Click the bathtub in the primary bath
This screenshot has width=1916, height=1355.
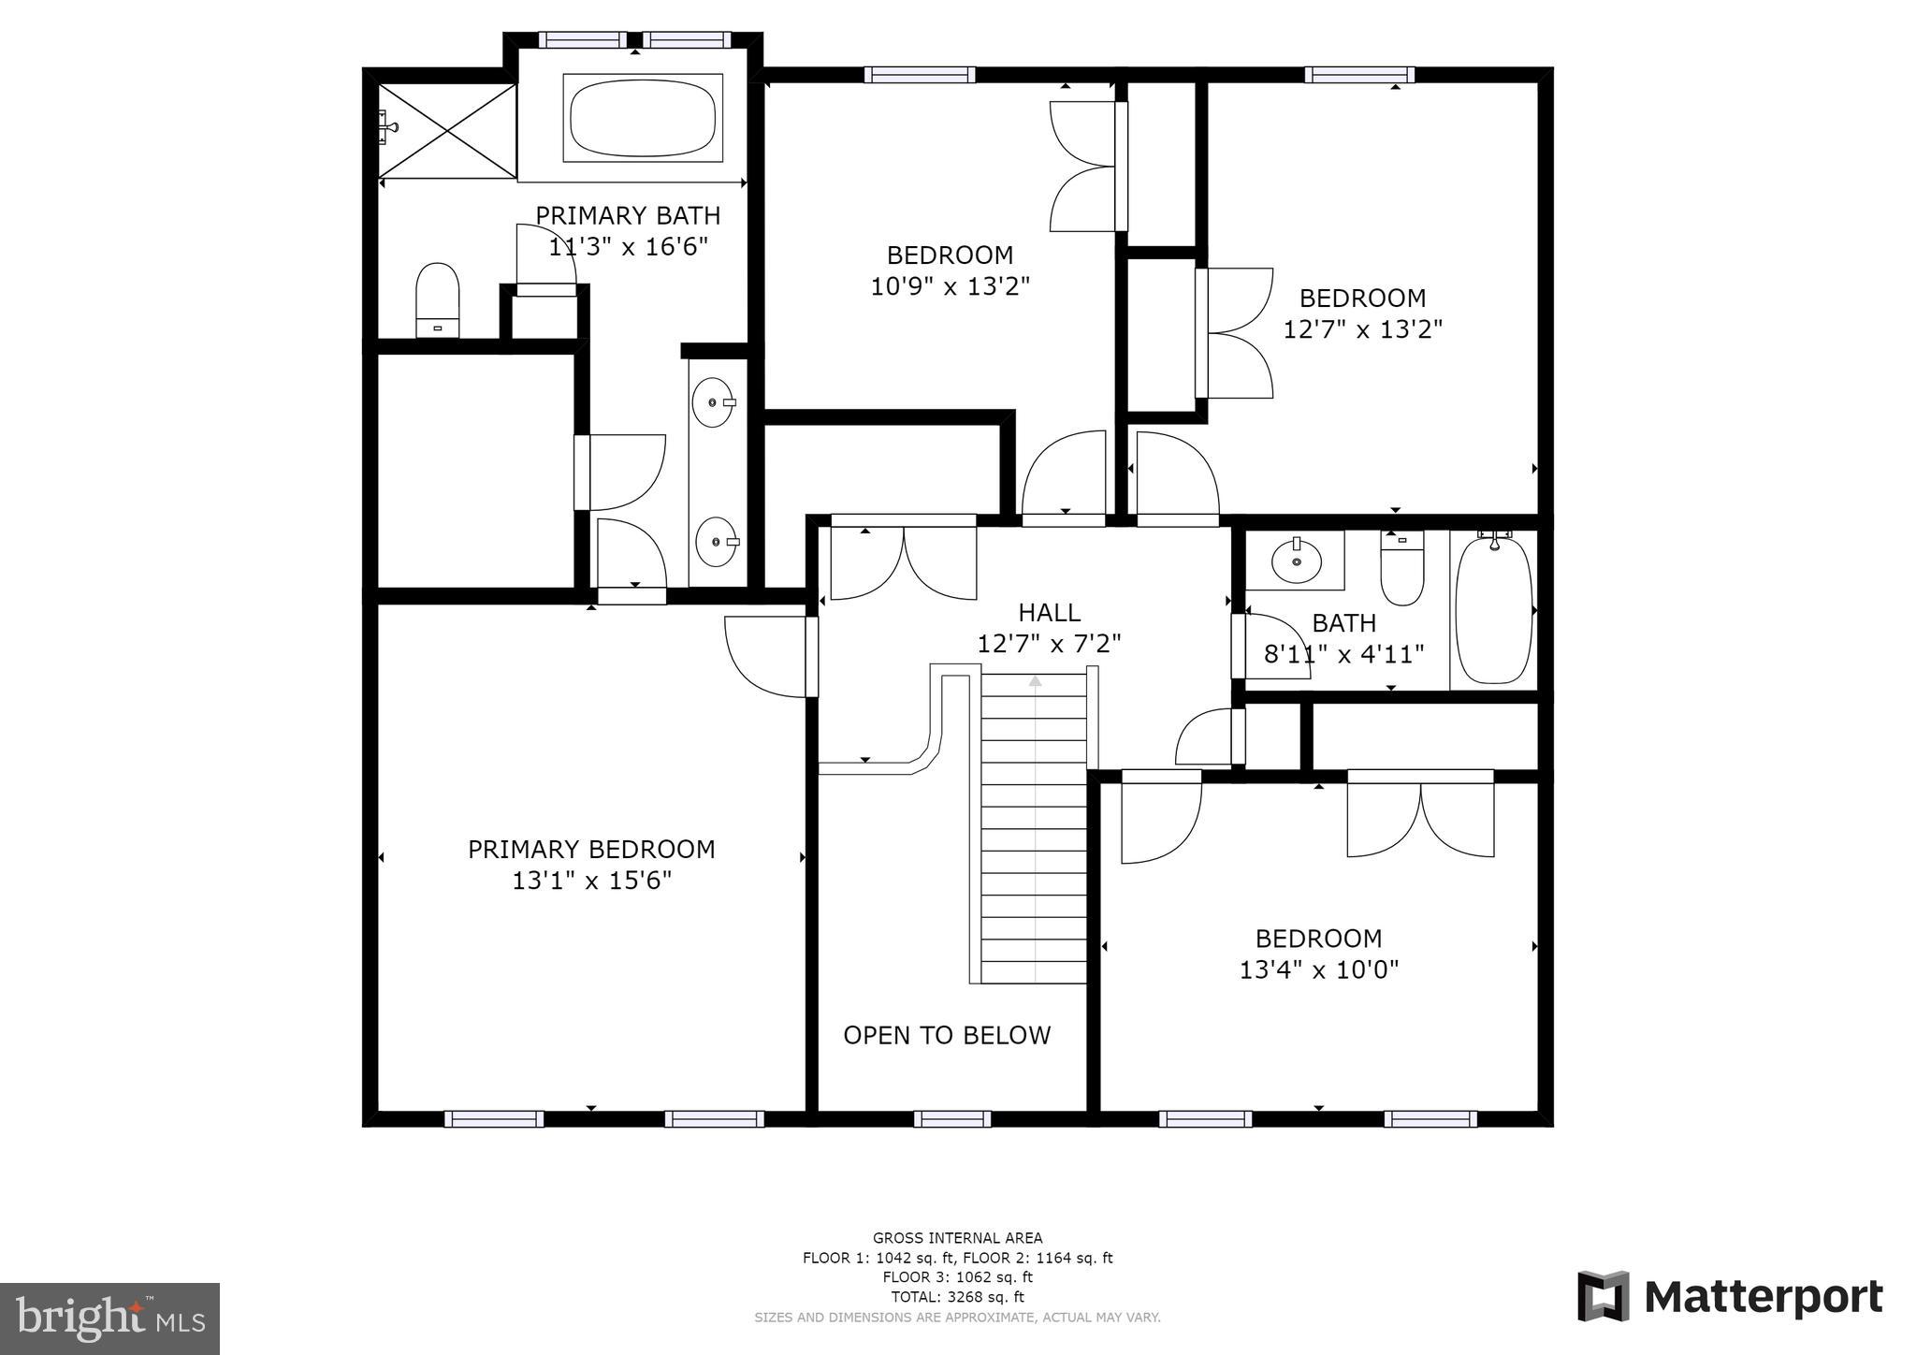642,118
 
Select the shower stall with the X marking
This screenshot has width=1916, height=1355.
446,130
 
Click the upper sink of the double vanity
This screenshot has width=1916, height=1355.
713,402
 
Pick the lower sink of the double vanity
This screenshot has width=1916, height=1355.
717,542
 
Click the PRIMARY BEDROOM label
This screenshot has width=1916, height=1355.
591,850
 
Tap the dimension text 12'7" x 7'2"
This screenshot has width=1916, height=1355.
1049,644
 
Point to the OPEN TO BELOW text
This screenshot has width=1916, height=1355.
947,1035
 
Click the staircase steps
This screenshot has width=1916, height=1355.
1034,833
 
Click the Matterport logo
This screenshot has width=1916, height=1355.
1730,1297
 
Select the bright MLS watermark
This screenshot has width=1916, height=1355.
110,1319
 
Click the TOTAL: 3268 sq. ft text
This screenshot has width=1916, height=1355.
957,1297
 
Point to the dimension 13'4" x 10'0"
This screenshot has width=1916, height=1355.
1318,969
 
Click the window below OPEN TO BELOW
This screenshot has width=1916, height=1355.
952,1118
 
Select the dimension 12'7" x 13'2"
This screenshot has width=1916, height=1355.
1362,329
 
